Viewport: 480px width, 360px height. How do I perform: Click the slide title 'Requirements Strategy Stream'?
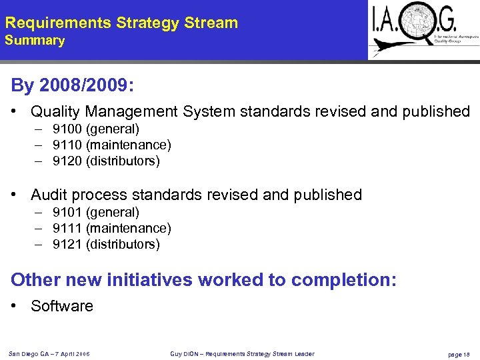click(x=121, y=23)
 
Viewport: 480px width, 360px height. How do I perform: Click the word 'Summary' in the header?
click(x=35, y=41)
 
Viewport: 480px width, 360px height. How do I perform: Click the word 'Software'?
click(x=62, y=306)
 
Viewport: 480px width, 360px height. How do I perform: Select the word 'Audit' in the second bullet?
click(x=49, y=195)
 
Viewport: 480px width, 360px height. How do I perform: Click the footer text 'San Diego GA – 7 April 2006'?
click(x=49, y=353)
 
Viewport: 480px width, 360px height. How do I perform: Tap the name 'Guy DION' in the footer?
click(x=182, y=353)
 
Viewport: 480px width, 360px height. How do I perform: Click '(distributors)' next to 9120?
click(x=123, y=161)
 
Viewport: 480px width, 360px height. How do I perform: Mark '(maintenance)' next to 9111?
click(x=129, y=228)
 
